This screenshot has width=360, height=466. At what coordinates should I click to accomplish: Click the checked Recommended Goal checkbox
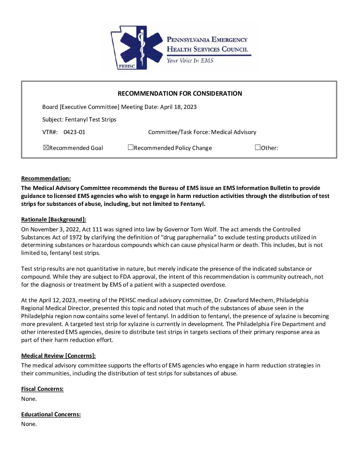(46, 148)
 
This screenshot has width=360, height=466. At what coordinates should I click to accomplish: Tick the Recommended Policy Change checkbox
(131, 148)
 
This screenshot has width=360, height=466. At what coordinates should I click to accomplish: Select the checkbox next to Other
(258, 148)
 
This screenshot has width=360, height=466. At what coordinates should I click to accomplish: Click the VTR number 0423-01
(74, 132)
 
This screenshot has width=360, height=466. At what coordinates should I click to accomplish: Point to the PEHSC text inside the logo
(127, 66)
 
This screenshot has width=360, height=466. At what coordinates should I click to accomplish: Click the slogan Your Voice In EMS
(190, 61)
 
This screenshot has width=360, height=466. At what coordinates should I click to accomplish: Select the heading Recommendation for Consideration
(180, 94)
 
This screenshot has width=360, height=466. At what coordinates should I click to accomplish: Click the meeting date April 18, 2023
(178, 107)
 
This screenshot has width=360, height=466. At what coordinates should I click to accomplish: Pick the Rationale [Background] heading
(54, 219)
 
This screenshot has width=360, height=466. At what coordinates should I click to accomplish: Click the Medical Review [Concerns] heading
(58, 356)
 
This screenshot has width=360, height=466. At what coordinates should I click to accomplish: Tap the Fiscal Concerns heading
(42, 389)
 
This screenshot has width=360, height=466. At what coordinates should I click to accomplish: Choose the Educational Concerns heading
(51, 414)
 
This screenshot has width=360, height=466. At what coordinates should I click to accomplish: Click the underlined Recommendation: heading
(46, 178)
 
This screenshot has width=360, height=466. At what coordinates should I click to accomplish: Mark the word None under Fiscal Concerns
(29, 399)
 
